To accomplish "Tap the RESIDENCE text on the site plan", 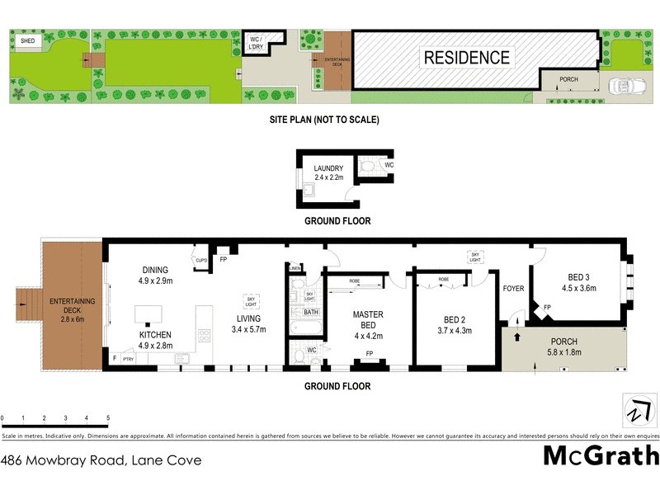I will point(466,58).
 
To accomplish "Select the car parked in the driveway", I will point(625,86).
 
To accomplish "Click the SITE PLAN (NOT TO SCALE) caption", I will point(324,120).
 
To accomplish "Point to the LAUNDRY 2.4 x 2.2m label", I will point(328,173).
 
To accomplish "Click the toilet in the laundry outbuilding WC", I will point(368,166).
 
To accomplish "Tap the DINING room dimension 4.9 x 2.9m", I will point(155,281).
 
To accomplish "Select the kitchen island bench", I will point(148,314).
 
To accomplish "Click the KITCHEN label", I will point(155,335).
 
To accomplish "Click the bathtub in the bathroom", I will point(306,328).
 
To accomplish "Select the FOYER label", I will point(514,289).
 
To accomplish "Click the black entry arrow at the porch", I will point(518,336).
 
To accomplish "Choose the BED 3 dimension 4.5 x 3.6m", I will point(579,288).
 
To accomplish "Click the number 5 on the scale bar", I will point(107,418).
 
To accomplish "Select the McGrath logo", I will point(601,455).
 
